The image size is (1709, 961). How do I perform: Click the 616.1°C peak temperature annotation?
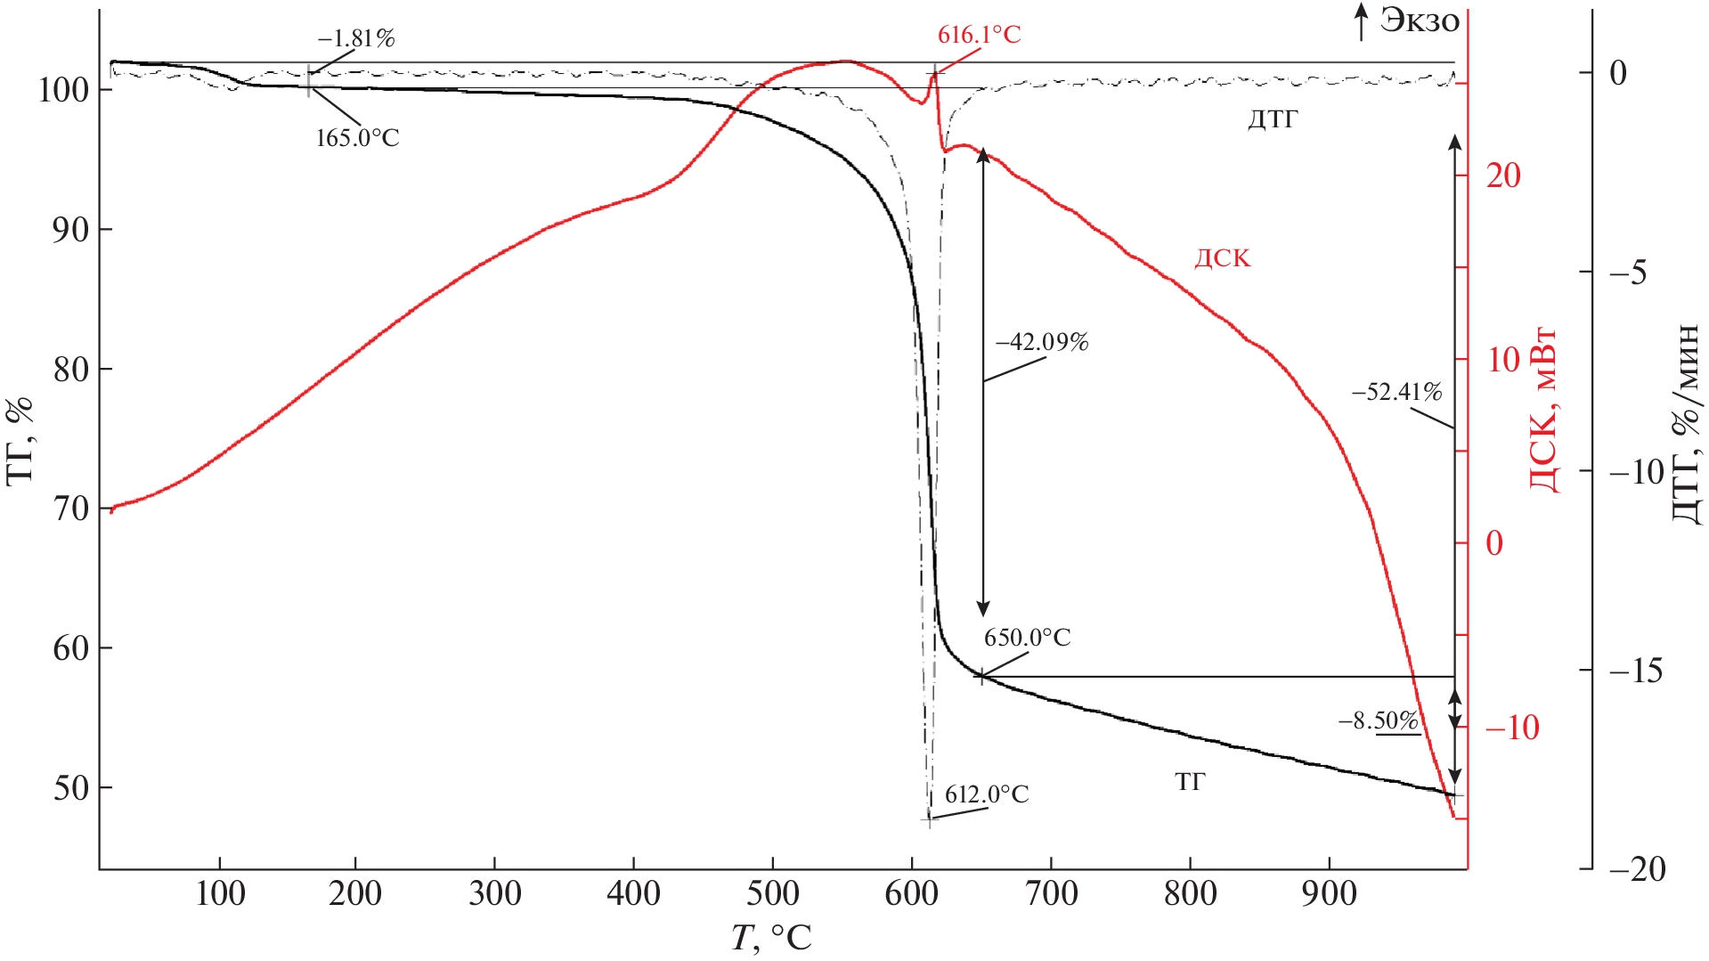[979, 35]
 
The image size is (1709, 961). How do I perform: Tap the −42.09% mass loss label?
[1042, 342]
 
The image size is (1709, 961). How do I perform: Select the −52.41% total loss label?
[1396, 392]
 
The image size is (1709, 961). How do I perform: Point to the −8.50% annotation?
[1379, 721]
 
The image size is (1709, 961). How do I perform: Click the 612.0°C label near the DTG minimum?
[987, 794]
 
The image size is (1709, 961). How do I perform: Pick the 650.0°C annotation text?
[1027, 638]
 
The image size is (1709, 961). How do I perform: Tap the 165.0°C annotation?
[357, 138]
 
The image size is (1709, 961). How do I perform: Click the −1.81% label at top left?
[355, 38]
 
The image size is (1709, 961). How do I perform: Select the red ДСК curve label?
[1222, 259]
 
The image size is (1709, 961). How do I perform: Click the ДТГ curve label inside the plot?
[1273, 119]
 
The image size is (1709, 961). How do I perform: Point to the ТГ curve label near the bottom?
[1190, 782]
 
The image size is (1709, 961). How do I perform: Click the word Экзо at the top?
[1420, 20]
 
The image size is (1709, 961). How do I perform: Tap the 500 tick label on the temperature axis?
[772, 893]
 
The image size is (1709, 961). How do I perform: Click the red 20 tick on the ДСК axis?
[1503, 175]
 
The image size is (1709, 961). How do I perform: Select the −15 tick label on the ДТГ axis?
[1637, 671]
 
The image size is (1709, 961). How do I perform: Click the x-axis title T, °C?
[771, 938]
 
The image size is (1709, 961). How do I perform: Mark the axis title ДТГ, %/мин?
[1685, 424]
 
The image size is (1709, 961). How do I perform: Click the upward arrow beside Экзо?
[1361, 21]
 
